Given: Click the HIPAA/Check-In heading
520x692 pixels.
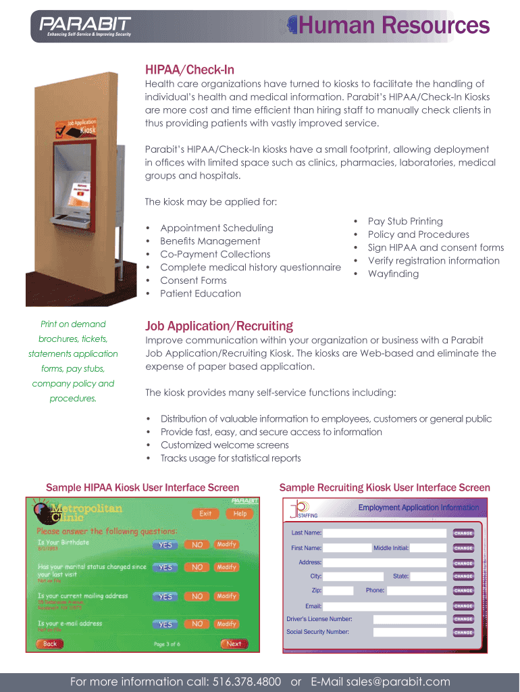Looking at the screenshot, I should pos(190,70).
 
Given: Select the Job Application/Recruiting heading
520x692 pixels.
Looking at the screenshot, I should pos(219,326).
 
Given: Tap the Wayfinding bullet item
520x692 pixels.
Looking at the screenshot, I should pos(393,274).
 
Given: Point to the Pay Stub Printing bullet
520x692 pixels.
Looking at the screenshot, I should pos(405,221).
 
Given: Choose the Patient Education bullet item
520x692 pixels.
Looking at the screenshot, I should pos(200,293).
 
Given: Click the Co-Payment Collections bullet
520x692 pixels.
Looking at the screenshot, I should pos(215,254).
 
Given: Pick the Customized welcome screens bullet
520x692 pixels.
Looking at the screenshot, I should pos(224,445).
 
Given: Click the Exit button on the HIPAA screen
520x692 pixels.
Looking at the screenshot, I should pos(205,514).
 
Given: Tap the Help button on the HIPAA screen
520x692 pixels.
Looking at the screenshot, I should pos(240,514).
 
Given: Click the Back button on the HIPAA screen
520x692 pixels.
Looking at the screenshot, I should pos(50,644).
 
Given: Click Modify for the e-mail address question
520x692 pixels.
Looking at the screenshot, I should pos(227,624).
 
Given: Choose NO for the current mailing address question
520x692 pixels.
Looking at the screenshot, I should pos(197,597).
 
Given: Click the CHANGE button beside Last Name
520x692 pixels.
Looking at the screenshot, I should pos(463,533).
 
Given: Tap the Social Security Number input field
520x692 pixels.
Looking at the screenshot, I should pos(410,633).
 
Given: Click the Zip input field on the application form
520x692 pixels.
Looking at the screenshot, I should pos(338,591).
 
